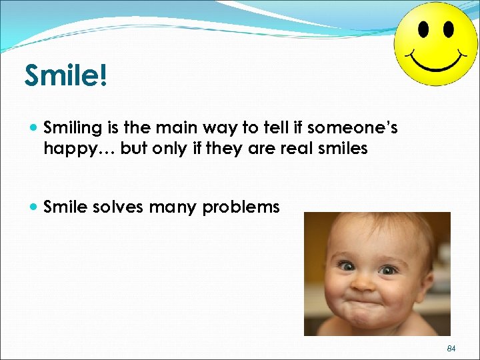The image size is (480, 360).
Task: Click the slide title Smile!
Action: click(65, 76)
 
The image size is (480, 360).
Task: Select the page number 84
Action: click(451, 349)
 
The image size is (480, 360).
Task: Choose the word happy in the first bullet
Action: click(69, 149)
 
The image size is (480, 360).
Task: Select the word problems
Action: click(241, 207)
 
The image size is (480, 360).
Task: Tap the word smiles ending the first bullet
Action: click(344, 148)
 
